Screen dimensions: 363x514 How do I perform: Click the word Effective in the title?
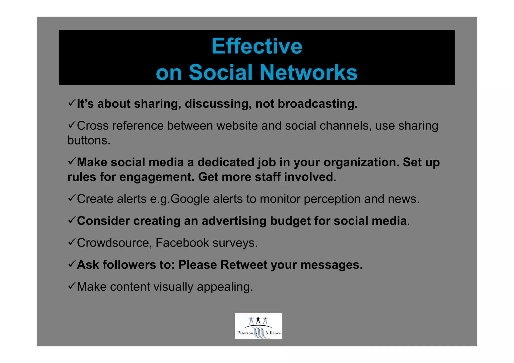257,46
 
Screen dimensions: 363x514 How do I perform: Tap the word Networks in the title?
308,72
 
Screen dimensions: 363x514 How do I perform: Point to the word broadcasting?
317,104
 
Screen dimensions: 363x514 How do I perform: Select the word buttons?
89,140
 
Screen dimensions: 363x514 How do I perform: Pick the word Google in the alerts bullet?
190,199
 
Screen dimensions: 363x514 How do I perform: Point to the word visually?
173,287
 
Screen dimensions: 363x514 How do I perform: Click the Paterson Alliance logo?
259,326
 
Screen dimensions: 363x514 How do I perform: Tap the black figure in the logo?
258,320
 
